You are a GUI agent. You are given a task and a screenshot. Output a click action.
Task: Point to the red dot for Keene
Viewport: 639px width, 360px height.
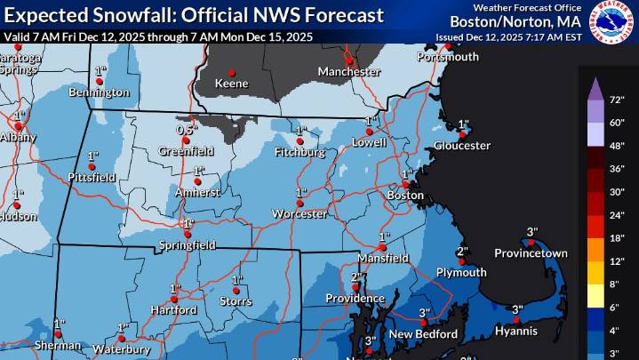233,73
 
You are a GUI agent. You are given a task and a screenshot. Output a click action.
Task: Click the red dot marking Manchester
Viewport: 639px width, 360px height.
350,60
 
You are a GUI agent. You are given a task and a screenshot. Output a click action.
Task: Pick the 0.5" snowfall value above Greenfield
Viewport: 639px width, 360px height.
186,130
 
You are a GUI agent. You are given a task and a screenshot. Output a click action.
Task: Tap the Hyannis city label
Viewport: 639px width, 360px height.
517,331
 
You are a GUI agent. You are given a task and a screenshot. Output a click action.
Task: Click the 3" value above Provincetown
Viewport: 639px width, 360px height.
532,231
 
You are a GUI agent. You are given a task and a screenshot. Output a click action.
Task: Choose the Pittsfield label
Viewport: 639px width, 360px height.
92,178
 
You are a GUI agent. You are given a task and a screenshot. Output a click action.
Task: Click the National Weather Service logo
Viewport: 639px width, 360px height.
615,21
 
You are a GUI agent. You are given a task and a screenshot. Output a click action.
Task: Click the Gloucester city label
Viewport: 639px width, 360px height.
462,145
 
